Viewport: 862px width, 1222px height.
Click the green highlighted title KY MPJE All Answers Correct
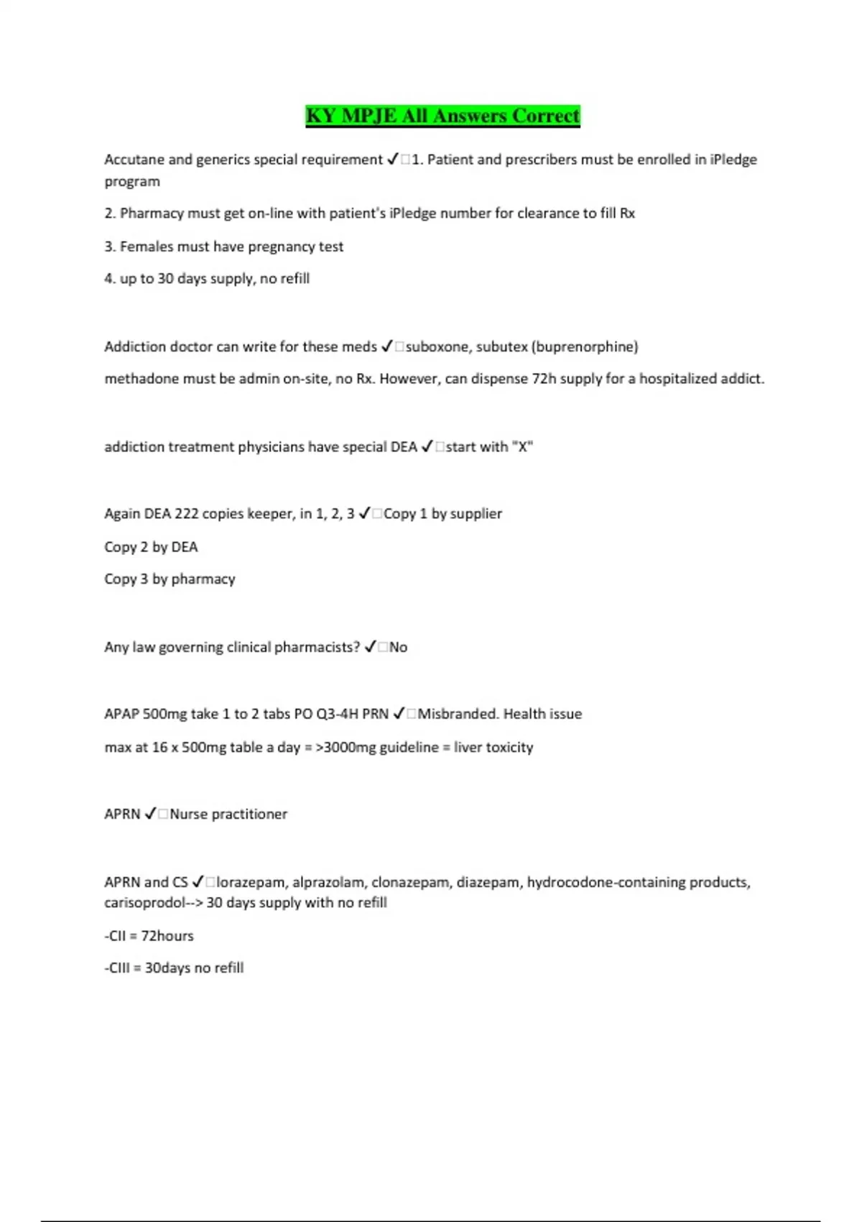[442, 116]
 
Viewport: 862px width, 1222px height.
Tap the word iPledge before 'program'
[733, 160]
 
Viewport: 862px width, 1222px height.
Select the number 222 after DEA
[186, 514]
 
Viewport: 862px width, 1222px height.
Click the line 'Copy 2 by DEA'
[151, 547]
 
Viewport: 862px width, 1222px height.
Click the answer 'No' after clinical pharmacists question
[398, 647]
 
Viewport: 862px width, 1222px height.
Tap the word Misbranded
[458, 714]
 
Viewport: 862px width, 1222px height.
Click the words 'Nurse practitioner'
[228, 814]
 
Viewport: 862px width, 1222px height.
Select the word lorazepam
[251, 882]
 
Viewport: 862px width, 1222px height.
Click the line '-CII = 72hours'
[149, 936]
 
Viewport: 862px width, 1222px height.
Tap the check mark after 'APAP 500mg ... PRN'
[399, 714]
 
